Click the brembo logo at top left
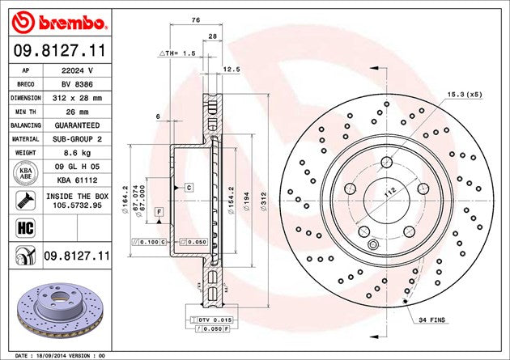[59, 23]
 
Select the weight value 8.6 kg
[77, 153]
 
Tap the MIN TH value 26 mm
[77, 112]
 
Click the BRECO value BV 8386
[77, 84]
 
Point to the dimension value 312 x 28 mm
[77, 98]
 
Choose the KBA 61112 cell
[77, 180]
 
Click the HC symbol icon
[25, 228]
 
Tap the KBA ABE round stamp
[26, 173]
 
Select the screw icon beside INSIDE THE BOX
[25, 200]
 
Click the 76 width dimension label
[196, 20]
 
